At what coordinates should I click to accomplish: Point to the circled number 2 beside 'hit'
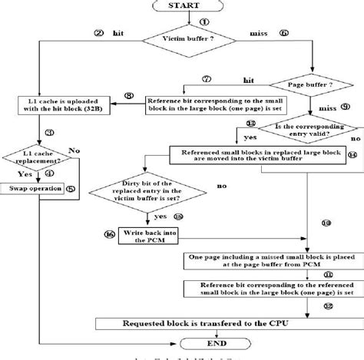(98, 34)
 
